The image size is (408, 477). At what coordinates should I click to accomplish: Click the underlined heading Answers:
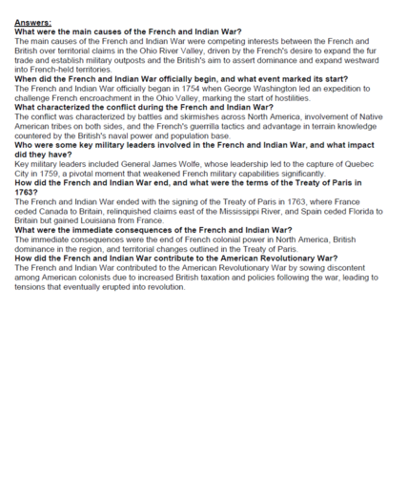pyautogui.click(x=32, y=21)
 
